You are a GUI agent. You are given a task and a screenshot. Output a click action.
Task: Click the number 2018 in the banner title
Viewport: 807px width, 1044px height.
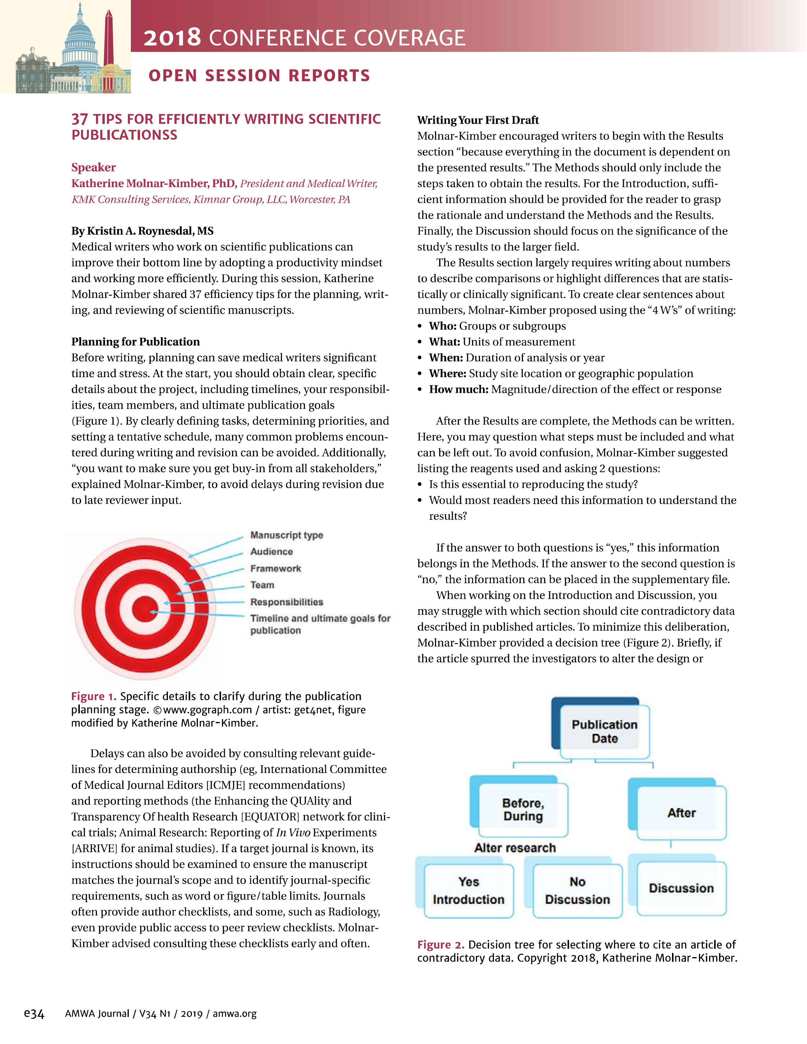tap(172, 38)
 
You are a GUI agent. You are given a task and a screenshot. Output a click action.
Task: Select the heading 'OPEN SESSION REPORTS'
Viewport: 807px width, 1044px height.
tap(259, 76)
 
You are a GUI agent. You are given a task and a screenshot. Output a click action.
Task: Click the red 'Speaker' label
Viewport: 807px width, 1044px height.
tap(93, 167)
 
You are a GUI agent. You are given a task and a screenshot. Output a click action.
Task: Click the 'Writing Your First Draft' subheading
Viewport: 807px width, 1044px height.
tap(478, 120)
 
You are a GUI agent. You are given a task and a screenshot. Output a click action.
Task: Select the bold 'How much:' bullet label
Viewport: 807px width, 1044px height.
tap(458, 389)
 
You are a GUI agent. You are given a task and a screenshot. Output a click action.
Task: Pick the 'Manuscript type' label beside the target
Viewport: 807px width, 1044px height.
tap(287, 535)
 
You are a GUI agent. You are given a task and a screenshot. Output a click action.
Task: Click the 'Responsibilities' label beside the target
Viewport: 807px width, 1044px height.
tap(287, 602)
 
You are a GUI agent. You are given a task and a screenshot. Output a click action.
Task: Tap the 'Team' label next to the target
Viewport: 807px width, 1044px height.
tap(262, 585)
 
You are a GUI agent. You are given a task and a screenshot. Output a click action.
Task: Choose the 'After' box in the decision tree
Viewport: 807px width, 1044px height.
tap(681, 813)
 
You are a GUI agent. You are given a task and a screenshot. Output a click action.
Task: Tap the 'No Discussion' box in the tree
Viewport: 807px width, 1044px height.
tap(577, 890)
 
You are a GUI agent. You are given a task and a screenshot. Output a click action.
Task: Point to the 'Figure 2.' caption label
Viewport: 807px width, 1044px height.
tap(441, 945)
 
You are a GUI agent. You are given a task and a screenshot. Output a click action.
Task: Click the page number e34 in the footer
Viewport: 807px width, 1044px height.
tap(34, 1013)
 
